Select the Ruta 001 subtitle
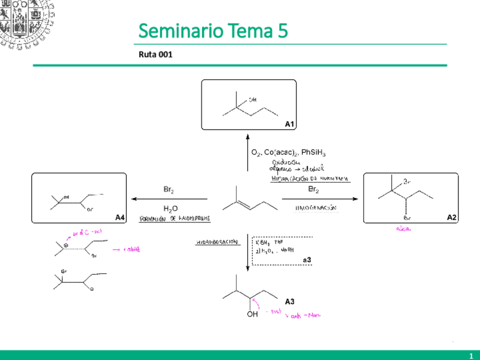click(155, 55)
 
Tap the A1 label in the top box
click(289, 123)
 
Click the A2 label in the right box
click(451, 217)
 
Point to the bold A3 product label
click(289, 302)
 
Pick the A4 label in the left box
click(119, 217)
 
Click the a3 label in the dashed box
click(307, 260)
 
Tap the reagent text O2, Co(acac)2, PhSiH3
click(288, 153)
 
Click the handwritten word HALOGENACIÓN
click(316, 208)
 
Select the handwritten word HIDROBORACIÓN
click(218, 242)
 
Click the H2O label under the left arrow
click(170, 209)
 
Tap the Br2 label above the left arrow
click(169, 190)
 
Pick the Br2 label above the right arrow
click(314, 190)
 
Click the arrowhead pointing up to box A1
click(248, 136)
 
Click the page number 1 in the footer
click(470, 355)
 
